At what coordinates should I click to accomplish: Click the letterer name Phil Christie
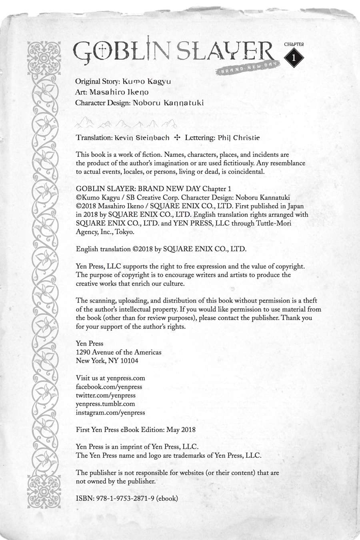(x=239, y=138)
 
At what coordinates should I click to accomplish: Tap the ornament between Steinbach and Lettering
(x=178, y=138)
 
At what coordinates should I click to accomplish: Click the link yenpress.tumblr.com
(x=105, y=404)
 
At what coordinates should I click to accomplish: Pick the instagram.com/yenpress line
(x=110, y=412)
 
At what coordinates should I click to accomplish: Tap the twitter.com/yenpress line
(x=106, y=395)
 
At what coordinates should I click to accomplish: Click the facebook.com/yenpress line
(x=109, y=387)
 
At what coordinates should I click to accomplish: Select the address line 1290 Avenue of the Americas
(x=118, y=352)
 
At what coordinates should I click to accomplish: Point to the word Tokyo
(x=125, y=232)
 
